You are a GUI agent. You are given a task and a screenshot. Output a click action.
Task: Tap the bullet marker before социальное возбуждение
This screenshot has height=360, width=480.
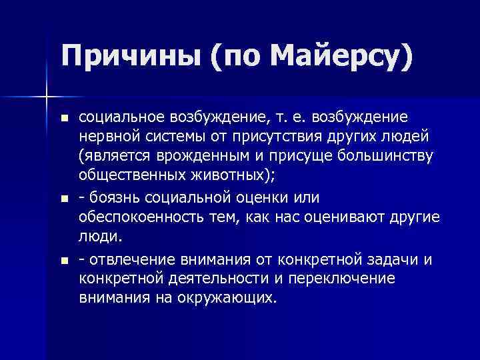pyautogui.click(x=63, y=119)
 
